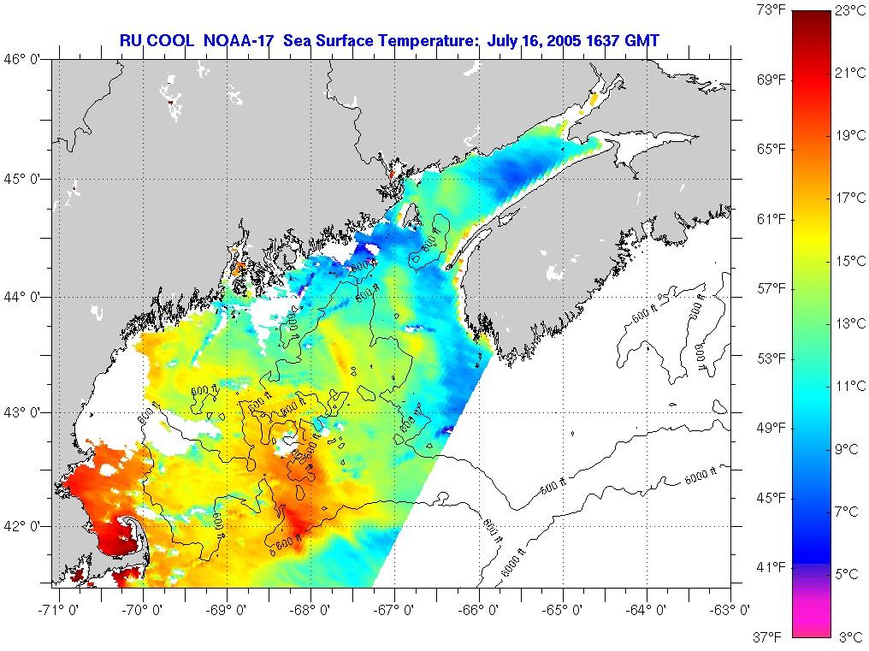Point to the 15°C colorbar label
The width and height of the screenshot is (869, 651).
click(850, 261)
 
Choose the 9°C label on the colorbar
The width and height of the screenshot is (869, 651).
click(850, 448)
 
